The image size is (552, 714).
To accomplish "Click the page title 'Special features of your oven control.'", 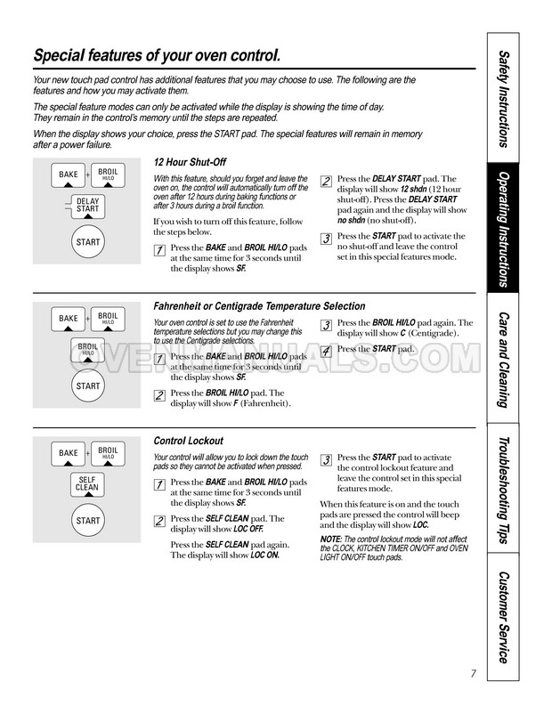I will (x=157, y=56).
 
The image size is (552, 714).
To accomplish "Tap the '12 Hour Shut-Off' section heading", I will (x=191, y=163).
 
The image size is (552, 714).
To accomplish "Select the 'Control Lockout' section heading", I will (x=188, y=441).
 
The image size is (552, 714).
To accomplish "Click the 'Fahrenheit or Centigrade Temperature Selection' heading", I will (x=259, y=305).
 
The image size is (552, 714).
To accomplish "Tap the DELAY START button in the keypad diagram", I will (x=87, y=206).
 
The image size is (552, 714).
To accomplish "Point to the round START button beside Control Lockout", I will (x=87, y=521).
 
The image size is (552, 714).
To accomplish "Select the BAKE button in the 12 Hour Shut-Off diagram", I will (x=69, y=174).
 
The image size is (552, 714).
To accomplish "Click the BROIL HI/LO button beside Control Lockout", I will (x=108, y=452).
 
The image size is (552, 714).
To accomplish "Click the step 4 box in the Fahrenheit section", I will (x=327, y=351).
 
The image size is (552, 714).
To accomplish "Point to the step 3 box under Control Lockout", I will (x=327, y=459).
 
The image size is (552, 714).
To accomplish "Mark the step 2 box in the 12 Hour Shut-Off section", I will (x=327, y=182).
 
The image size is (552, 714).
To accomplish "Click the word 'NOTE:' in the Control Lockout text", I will (x=331, y=540).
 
